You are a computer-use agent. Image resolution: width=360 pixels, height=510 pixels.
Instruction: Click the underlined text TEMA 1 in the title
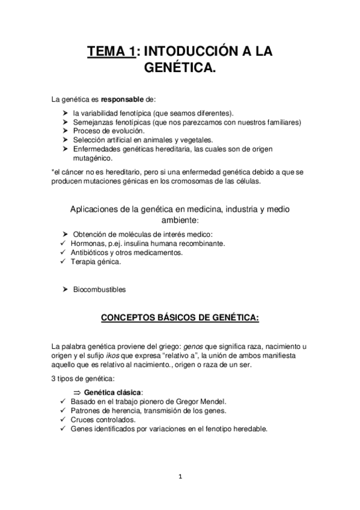pos(111,52)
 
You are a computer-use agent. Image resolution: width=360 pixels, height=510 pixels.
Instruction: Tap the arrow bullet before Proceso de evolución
pos(65,131)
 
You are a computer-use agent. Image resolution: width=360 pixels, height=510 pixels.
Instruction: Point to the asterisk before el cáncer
pos(53,171)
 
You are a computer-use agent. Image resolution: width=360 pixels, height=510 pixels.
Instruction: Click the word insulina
pos(132,243)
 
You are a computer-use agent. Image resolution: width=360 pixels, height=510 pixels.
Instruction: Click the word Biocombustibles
pos(99,290)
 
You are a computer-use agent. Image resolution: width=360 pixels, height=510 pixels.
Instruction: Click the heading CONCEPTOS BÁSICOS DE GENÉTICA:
pos(180,317)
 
